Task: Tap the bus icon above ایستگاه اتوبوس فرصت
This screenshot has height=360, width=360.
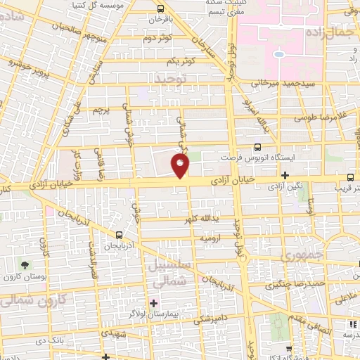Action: pos(257,147)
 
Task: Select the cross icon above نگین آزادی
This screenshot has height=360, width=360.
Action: pos(285,175)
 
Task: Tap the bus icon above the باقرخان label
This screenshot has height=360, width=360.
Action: pos(161,10)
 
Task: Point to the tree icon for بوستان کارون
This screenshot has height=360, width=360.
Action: pos(25,266)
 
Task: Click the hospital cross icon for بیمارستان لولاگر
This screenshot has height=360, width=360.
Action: pos(153,303)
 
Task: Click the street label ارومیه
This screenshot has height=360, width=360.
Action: pos(211,239)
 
